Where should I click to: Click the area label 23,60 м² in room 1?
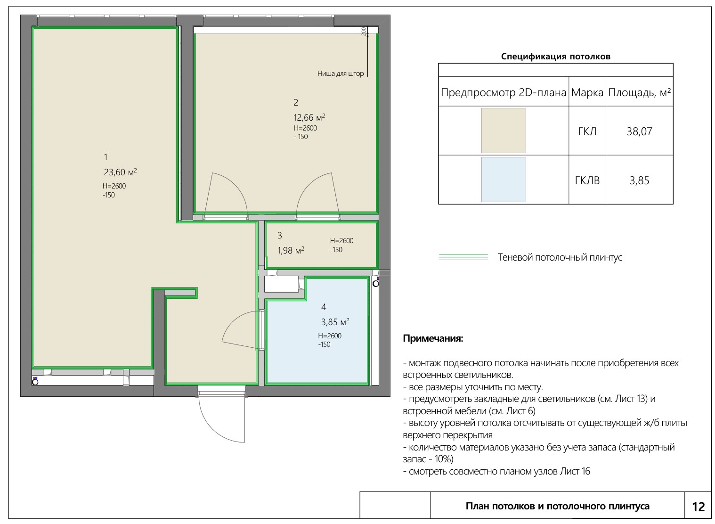point(120,172)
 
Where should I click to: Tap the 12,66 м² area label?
point(309,117)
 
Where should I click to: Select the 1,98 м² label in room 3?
point(291,250)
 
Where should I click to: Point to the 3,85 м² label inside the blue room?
point(335,322)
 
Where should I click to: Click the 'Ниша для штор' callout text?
point(340,74)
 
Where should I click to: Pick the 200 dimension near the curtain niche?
point(364,31)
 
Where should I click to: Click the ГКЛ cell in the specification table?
point(587,131)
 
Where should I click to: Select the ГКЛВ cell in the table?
point(587,180)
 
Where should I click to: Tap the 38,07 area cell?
point(639,131)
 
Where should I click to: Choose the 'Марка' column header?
point(587,93)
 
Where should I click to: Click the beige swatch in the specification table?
point(504,131)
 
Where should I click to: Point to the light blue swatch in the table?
point(504,180)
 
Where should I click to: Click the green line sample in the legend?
point(463,257)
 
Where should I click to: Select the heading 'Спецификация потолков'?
point(556,57)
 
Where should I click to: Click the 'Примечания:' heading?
point(433,338)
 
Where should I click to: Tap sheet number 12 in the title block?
point(698,507)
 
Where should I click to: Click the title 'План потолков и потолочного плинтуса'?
point(557,506)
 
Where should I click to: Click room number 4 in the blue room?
point(323,307)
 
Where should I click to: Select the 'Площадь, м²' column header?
point(639,93)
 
